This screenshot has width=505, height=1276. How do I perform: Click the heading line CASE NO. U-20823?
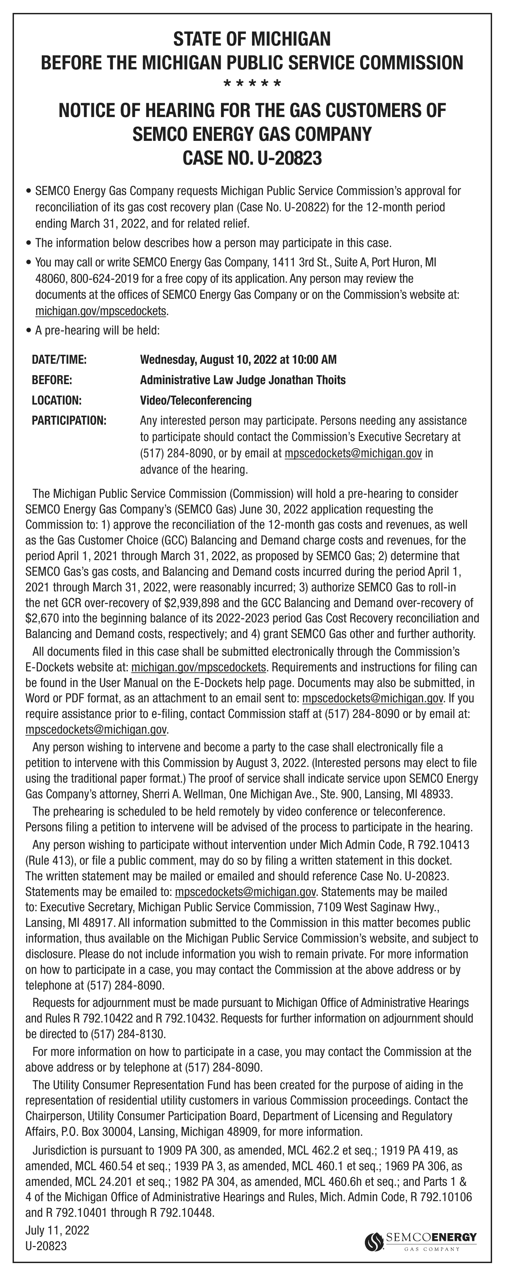(252, 159)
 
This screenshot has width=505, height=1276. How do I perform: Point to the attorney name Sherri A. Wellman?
(185, 795)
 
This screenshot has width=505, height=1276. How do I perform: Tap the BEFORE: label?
(52, 380)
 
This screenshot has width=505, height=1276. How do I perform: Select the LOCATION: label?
(56, 400)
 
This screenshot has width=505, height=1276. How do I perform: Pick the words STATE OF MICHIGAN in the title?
(252, 39)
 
